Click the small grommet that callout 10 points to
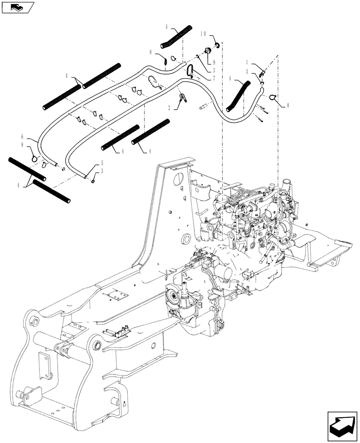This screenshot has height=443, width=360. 218,45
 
